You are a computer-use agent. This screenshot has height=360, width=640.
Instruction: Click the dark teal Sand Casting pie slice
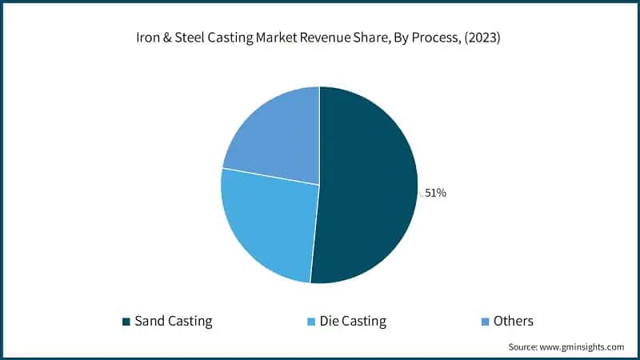click(x=368, y=184)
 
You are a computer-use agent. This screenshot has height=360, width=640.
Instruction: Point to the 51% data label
click(x=435, y=192)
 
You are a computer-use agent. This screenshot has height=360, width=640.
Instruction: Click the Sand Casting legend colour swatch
click(x=126, y=322)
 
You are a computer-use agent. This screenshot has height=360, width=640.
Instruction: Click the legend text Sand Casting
click(x=174, y=322)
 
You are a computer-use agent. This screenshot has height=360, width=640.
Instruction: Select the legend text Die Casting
click(x=352, y=322)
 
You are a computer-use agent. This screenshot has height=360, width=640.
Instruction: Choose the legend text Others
click(x=513, y=322)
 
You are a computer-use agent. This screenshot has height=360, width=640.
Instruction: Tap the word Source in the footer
click(x=524, y=347)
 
